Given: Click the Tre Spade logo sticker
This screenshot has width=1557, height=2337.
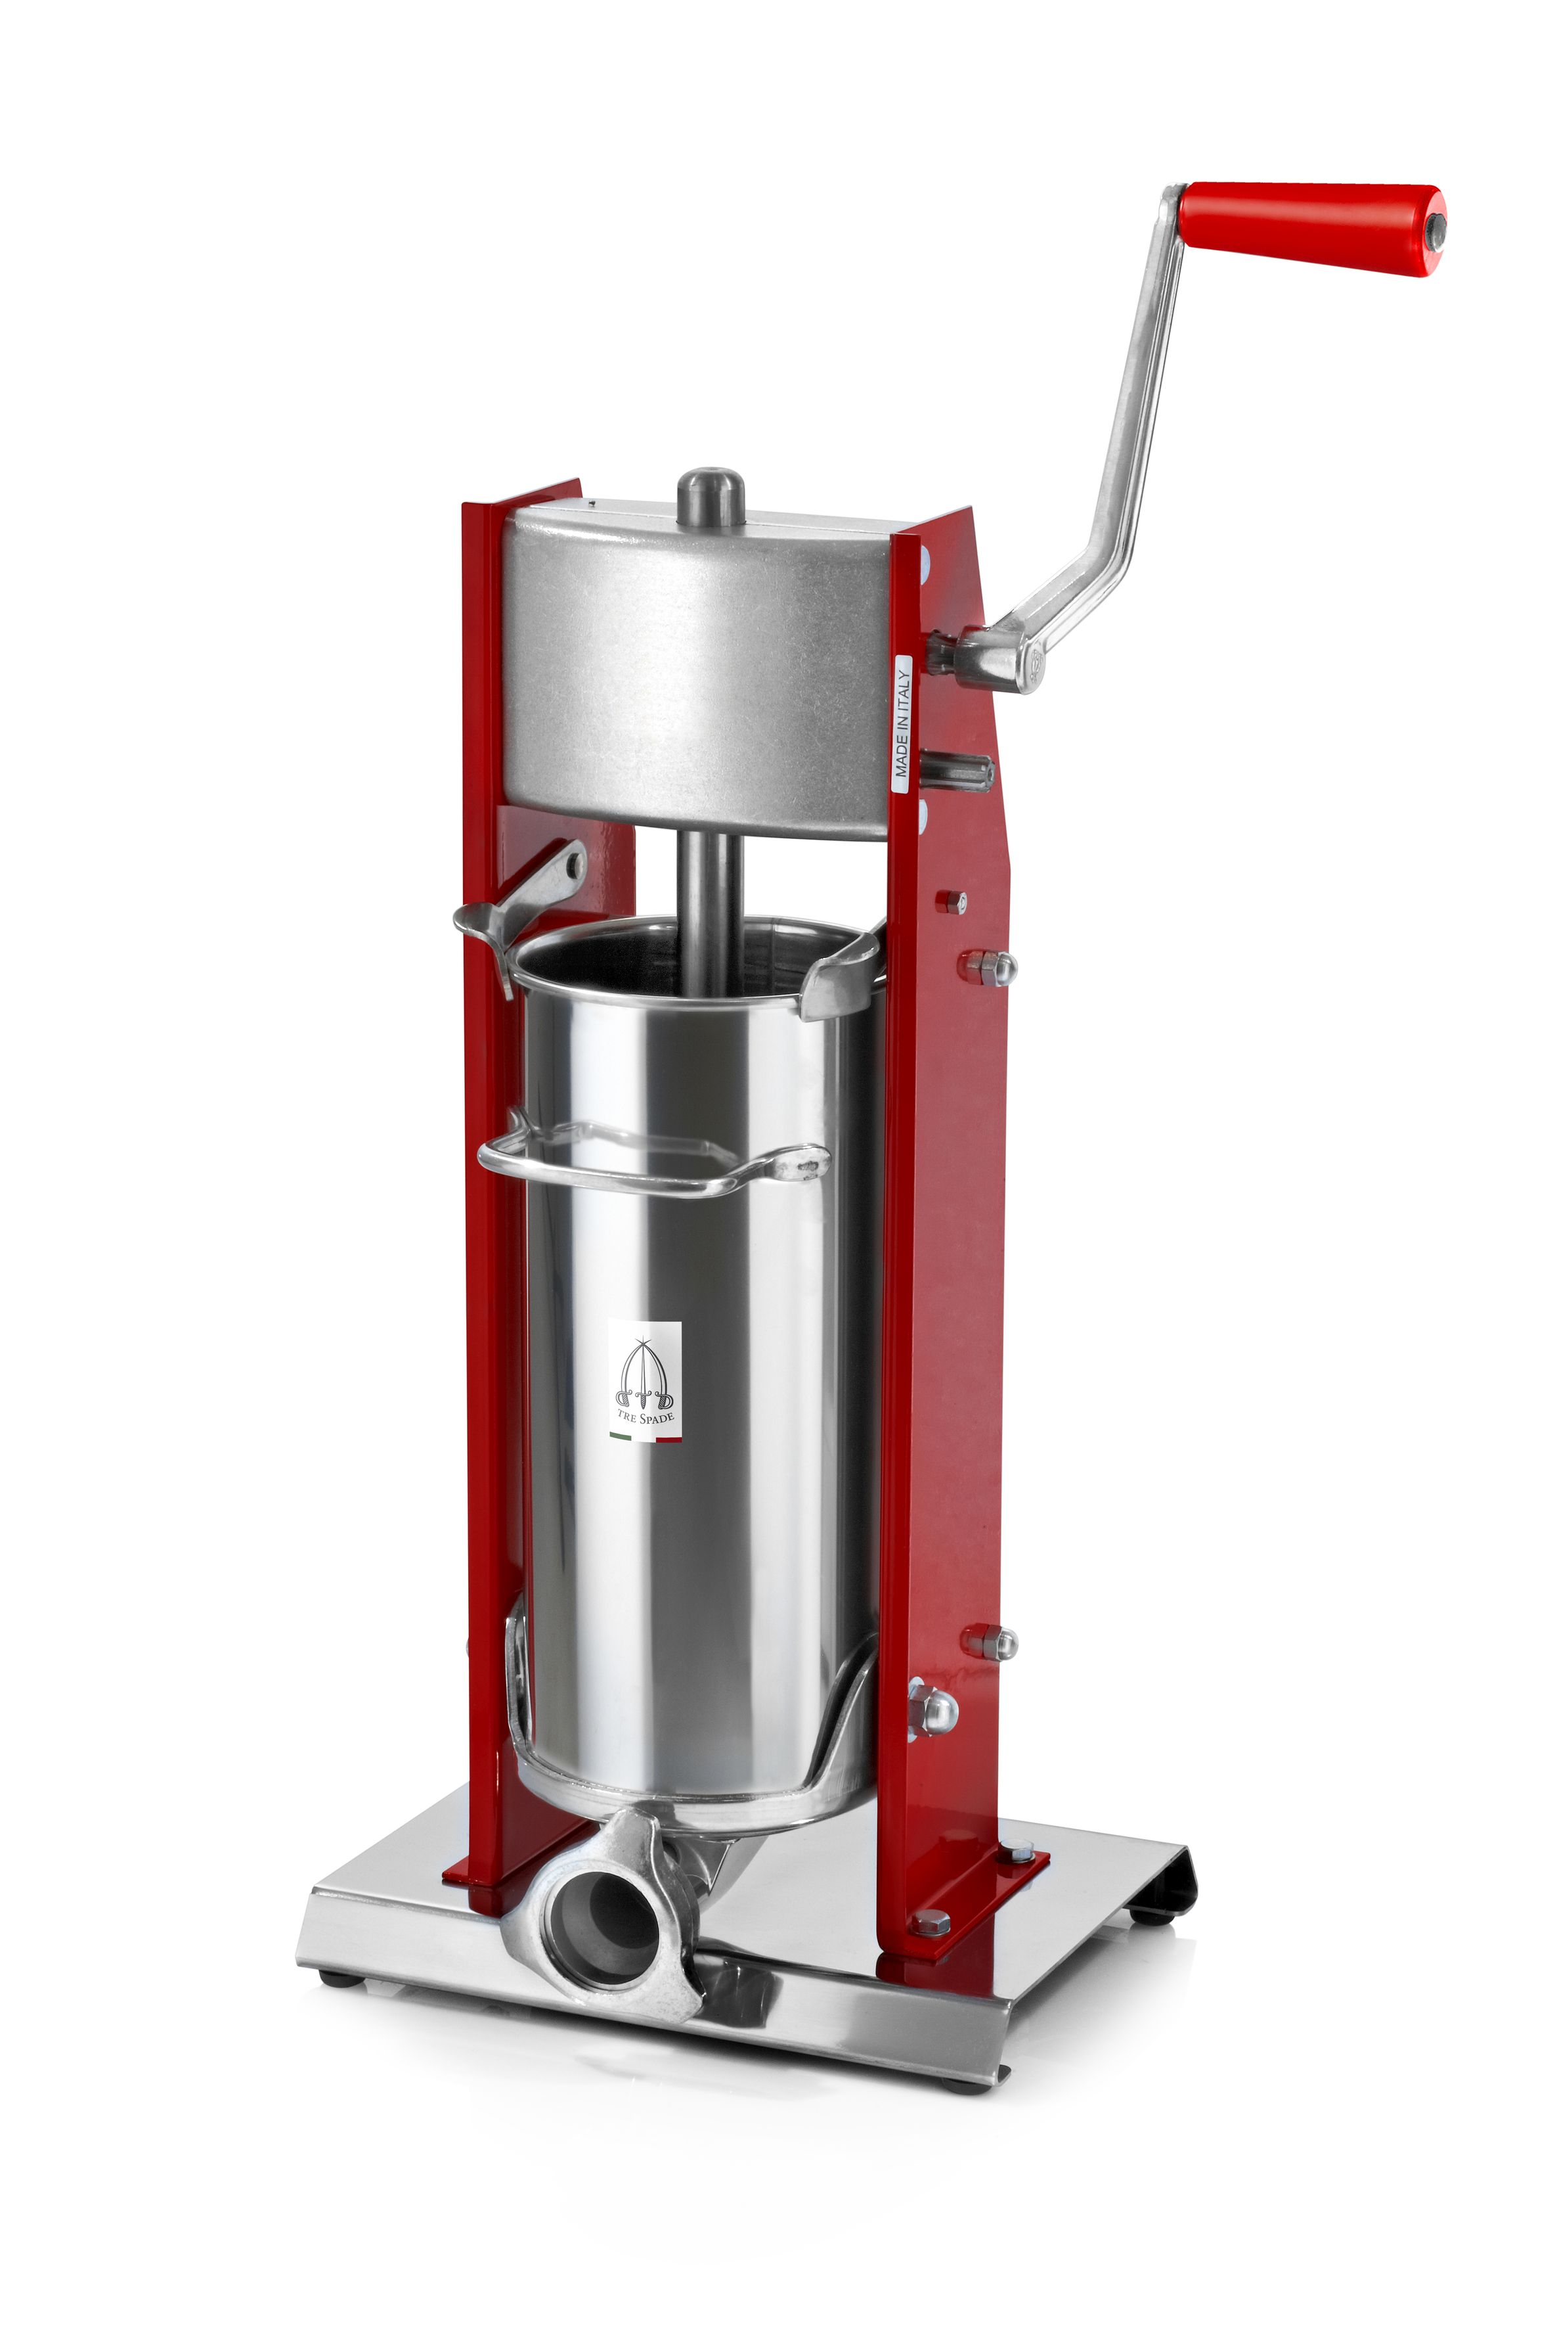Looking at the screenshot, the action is tap(644, 1380).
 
